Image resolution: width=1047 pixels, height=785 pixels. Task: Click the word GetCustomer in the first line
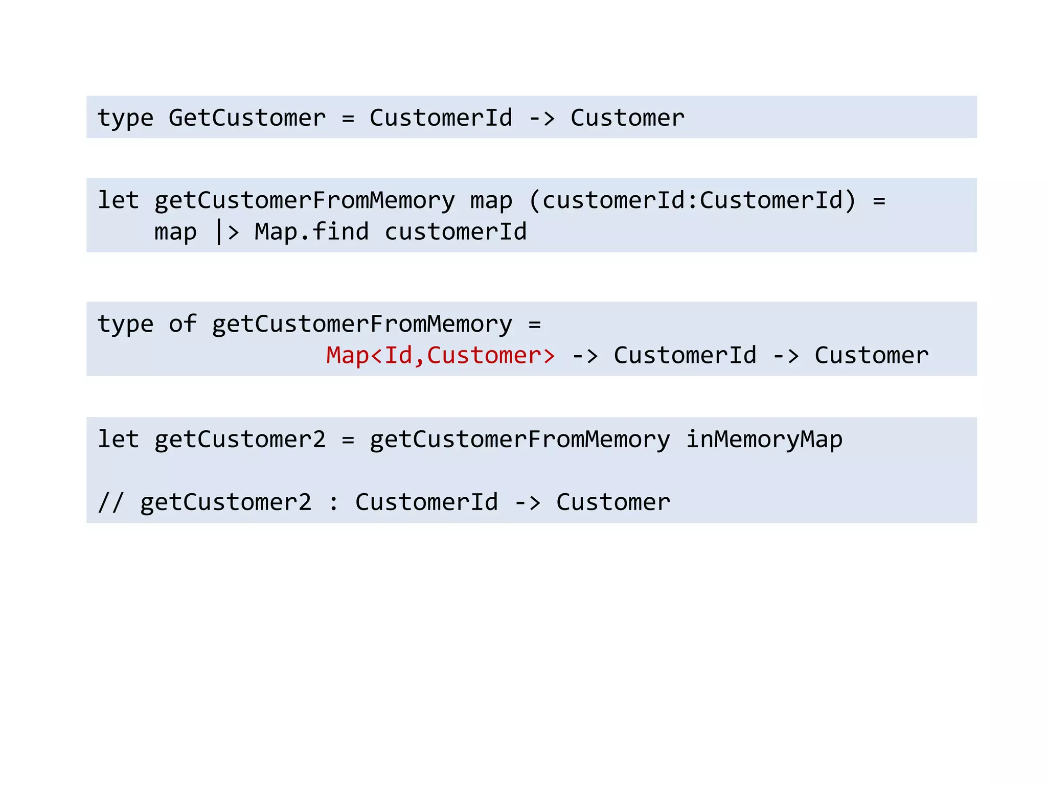pos(247,118)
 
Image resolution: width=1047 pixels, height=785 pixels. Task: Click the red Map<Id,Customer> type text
pos(440,355)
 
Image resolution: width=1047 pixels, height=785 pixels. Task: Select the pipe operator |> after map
pos(226,232)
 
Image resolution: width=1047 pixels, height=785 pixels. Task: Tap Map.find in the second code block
pos(311,232)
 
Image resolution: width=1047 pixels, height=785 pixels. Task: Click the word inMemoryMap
pos(764,440)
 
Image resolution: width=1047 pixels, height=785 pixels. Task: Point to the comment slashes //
pos(110,502)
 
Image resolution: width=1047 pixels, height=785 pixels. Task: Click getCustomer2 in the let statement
pos(240,440)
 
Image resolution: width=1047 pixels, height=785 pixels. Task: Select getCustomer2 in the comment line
pos(225,502)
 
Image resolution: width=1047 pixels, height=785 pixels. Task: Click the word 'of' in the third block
pos(183,324)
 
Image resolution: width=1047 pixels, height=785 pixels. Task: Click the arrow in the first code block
pos(541,118)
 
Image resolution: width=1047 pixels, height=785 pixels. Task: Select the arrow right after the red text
pos(584,355)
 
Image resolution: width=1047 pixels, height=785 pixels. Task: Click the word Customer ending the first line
pos(627,118)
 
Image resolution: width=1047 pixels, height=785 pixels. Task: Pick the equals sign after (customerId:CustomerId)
pos(879,200)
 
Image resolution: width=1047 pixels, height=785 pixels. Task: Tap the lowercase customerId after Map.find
pos(455,232)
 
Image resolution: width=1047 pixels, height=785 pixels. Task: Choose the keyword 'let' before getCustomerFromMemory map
pos(118,200)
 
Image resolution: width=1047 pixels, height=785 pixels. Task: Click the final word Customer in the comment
pos(613,502)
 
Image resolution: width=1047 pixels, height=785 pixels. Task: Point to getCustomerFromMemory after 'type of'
pos(361,324)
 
